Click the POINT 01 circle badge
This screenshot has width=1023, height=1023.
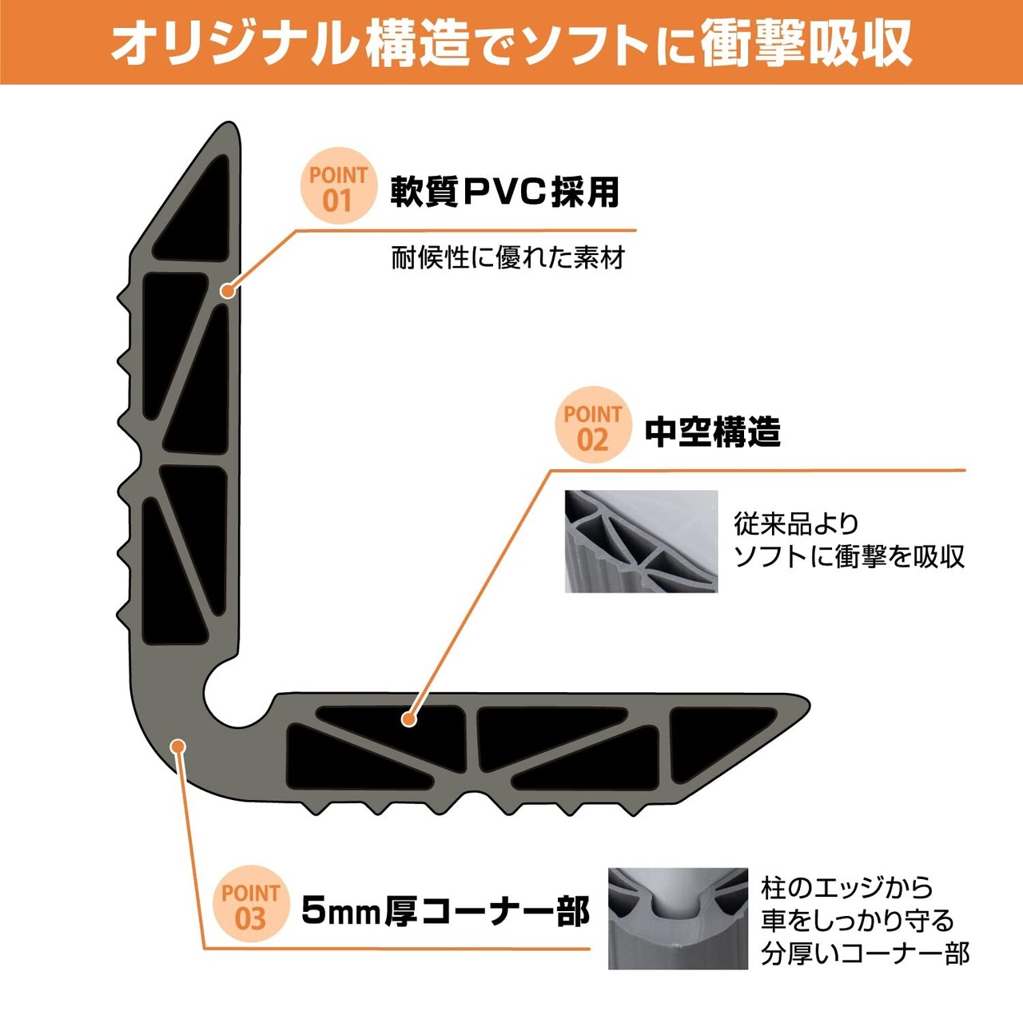tap(338, 185)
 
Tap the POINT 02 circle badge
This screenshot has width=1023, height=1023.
tap(592, 424)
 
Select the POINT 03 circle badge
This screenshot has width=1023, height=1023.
tap(251, 904)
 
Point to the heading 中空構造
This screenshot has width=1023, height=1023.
tap(712, 432)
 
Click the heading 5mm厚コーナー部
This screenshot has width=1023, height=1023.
tap(446, 910)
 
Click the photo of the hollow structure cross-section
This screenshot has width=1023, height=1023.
tap(641, 541)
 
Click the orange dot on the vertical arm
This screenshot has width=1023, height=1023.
tap(228, 290)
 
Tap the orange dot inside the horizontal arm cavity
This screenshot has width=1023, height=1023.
tap(408, 719)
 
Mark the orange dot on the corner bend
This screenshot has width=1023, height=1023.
tap(178, 746)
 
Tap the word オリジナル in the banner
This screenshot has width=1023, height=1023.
tap(233, 44)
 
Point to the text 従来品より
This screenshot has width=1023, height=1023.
tap(796, 524)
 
